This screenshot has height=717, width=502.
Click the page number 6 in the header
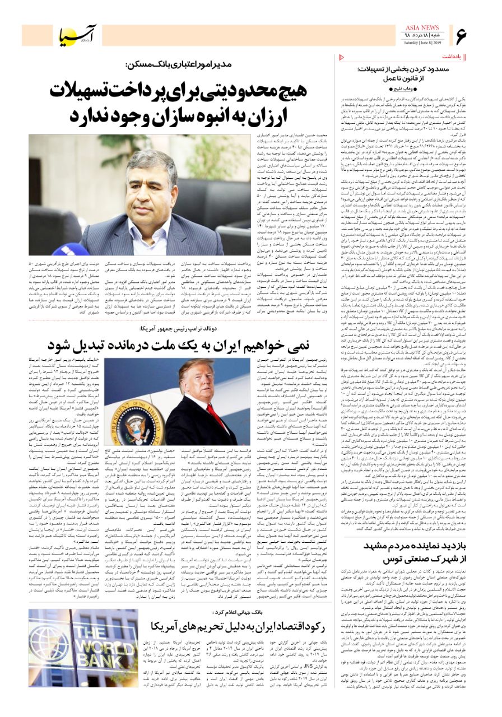click(461, 36)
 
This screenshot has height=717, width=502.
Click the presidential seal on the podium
click(138, 413)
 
